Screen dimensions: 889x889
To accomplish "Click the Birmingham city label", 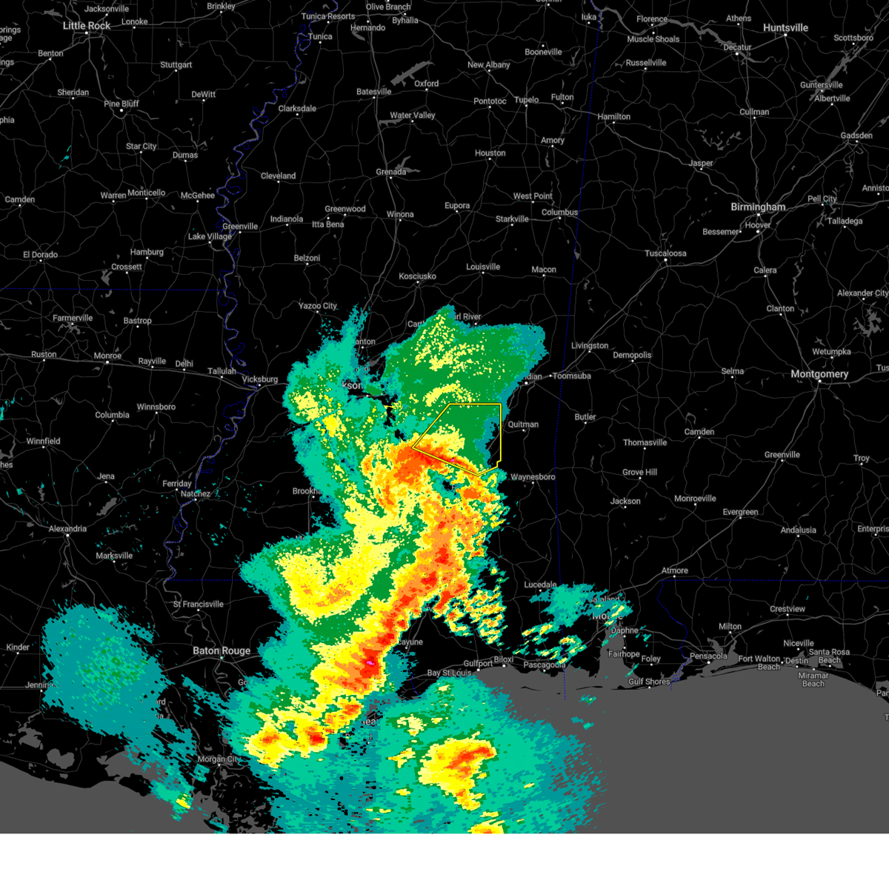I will (758, 207).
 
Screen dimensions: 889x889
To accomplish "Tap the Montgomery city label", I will (819, 374).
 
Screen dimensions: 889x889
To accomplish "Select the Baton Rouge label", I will (222, 651).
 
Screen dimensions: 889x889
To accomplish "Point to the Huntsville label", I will (785, 28).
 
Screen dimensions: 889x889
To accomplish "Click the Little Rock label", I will (87, 26).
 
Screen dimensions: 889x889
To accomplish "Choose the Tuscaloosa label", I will (665, 253).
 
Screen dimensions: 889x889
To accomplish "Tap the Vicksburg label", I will (260, 380).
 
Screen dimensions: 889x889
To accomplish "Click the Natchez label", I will (196, 494).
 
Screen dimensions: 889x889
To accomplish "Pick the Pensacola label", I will (708, 656).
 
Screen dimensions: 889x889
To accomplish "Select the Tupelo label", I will (527, 100).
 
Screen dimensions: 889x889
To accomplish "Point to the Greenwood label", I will (345, 210).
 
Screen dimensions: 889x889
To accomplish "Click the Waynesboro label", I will (533, 477).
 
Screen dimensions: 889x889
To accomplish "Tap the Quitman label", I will (523, 425).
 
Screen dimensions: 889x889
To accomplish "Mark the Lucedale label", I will (540, 585).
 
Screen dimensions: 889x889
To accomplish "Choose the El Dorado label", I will (40, 255).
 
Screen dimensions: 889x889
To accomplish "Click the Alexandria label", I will (67, 529).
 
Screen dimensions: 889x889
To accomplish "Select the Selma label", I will (732, 372).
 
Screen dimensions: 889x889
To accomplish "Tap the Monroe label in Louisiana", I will (107, 356).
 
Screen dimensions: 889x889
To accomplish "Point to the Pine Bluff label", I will (121, 104).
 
